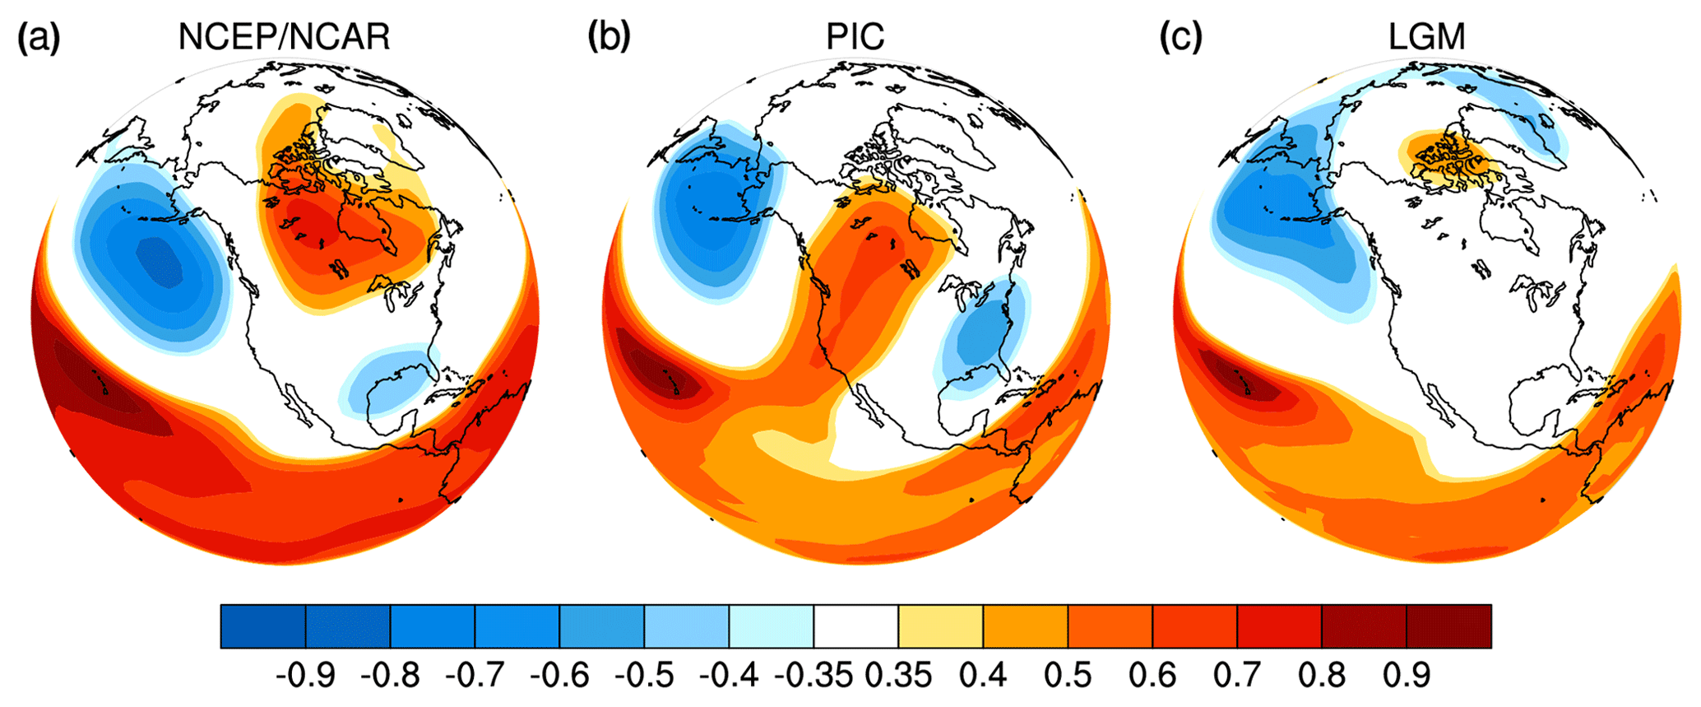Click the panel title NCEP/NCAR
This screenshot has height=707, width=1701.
click(x=284, y=37)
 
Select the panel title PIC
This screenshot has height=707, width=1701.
click(x=855, y=37)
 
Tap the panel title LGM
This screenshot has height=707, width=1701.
click(x=1427, y=37)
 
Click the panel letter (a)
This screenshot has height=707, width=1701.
click(x=39, y=37)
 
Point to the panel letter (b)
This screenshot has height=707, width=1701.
click(x=609, y=37)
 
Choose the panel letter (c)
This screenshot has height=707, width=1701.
click(x=1181, y=37)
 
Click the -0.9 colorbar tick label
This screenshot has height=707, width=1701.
click(x=305, y=676)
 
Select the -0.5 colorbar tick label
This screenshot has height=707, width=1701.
click(x=644, y=676)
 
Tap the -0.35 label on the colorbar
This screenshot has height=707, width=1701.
click(x=813, y=676)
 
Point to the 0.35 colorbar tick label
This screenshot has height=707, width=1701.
click(x=898, y=676)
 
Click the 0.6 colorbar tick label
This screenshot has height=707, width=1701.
click(x=1152, y=676)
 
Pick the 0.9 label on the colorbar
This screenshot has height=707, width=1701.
click(x=1407, y=676)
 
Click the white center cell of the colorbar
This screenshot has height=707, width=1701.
click(x=855, y=626)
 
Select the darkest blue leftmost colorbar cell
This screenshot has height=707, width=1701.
click(x=263, y=626)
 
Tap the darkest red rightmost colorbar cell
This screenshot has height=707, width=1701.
click(x=1448, y=626)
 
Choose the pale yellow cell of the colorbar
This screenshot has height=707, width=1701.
click(x=940, y=626)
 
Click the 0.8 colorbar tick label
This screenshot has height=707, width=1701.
click(x=1322, y=676)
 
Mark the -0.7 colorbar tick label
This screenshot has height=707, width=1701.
click(x=475, y=676)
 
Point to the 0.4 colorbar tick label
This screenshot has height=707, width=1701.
click(x=983, y=676)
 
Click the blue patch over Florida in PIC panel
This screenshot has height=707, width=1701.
click(x=983, y=337)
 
